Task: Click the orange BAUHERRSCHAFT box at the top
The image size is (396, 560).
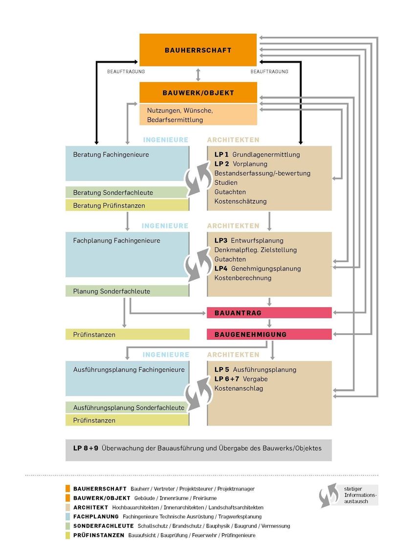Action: point(198,50)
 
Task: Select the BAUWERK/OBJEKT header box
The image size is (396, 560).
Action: point(198,92)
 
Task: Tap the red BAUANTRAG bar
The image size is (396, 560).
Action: point(269,313)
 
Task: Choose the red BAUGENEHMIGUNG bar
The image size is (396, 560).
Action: point(269,335)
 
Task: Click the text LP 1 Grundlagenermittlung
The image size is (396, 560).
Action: point(257,155)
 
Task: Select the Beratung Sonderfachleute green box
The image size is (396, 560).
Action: point(127,193)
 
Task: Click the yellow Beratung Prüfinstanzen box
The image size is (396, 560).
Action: point(127,205)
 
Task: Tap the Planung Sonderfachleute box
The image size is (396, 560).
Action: point(127,291)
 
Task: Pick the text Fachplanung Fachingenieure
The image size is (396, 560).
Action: point(116,241)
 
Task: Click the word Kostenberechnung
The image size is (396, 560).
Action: point(243,278)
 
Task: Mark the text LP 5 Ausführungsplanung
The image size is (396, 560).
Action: point(255,370)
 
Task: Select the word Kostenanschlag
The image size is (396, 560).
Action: point(239,388)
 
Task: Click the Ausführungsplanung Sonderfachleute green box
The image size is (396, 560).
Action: point(127,407)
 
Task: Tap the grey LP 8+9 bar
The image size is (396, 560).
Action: point(198,448)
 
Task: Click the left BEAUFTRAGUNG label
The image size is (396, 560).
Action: point(126,72)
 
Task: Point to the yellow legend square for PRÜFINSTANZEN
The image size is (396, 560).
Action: point(67,535)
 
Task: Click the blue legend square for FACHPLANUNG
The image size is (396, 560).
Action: point(67,516)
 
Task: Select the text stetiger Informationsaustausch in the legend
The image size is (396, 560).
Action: point(360,495)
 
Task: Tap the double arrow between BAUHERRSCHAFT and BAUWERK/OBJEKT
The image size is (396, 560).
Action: point(198,74)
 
